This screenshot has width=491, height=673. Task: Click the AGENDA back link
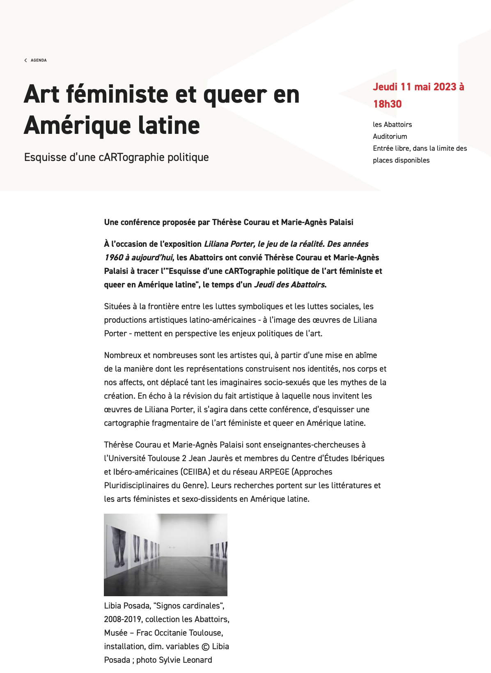tap(39, 60)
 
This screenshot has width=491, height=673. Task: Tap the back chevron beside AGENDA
tap(25, 60)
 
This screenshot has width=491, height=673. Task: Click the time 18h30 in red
tap(387, 104)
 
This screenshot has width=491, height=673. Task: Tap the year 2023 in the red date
tap(442, 87)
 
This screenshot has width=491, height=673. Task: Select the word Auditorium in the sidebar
tap(390, 136)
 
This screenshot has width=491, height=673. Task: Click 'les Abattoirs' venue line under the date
tap(392, 124)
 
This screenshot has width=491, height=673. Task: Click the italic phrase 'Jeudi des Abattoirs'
tap(289, 285)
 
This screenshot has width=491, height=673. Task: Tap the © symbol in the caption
tap(206, 647)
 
